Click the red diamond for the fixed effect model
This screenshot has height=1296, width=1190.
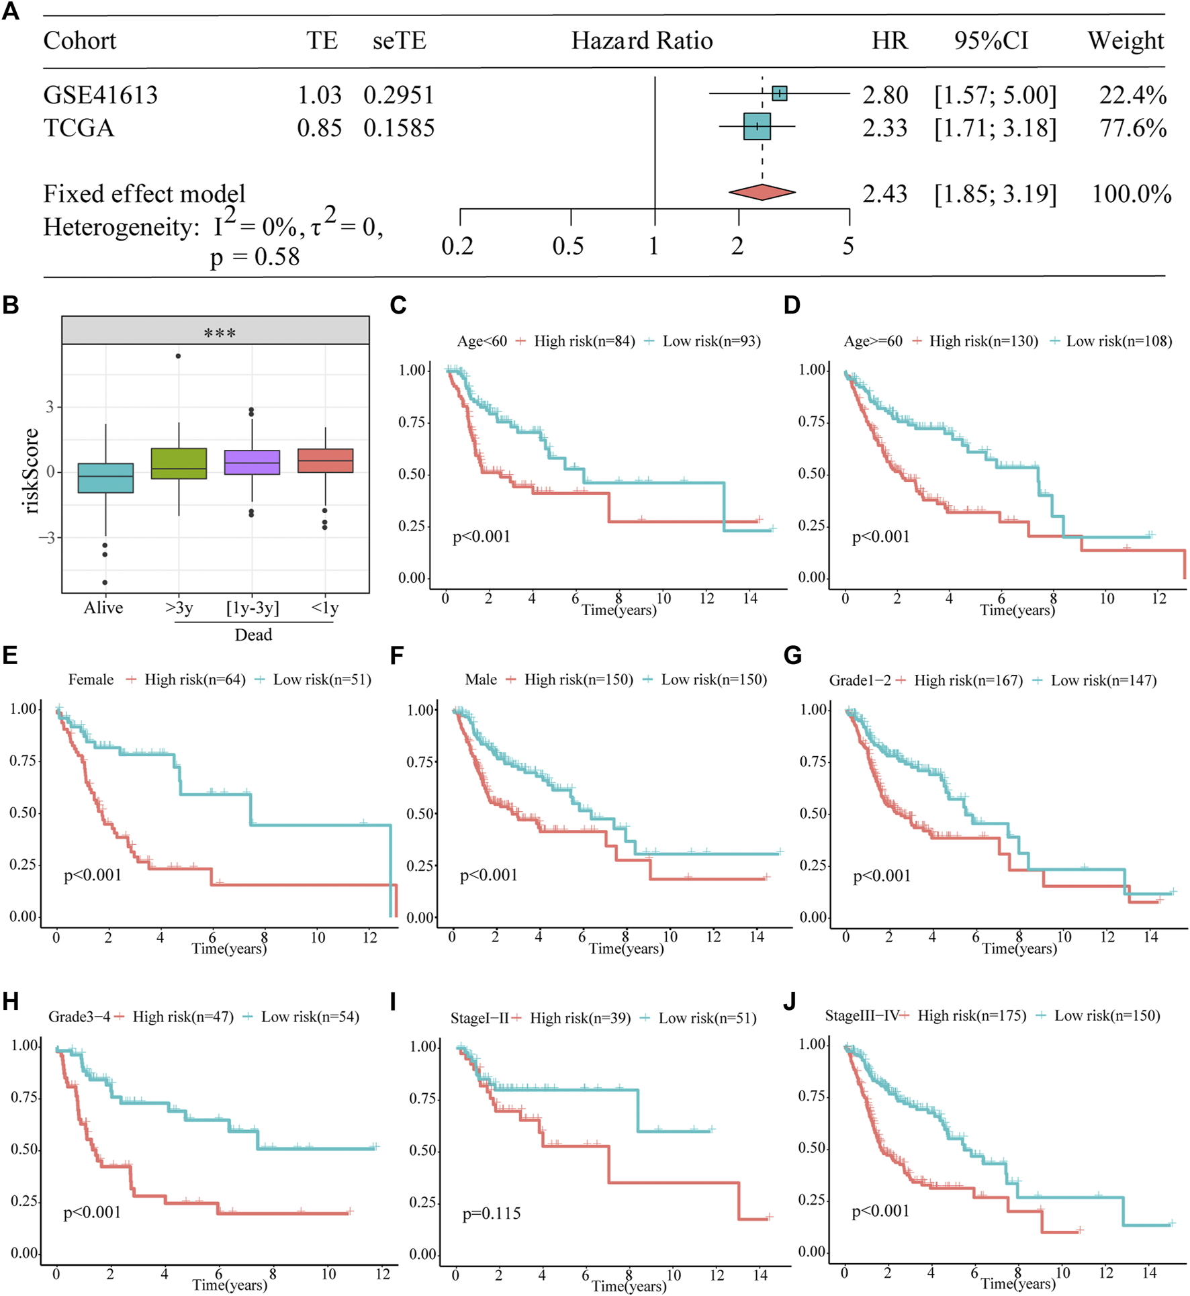pyautogui.click(x=762, y=193)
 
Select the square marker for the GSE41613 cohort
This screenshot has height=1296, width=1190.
pyautogui.click(x=779, y=93)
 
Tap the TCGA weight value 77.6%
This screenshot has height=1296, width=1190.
pyautogui.click(x=1132, y=128)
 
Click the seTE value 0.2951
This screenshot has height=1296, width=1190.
pyautogui.click(x=399, y=95)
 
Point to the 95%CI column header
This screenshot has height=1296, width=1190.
pyautogui.click(x=991, y=41)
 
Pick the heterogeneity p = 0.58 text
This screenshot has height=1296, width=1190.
pyautogui.click(x=255, y=257)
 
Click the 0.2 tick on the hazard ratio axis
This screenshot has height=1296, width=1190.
pyautogui.click(x=458, y=246)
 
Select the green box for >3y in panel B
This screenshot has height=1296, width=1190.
pyautogui.click(x=179, y=463)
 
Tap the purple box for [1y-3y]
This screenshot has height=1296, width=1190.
pyautogui.click(x=252, y=463)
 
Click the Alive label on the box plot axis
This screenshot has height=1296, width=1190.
pyautogui.click(x=103, y=608)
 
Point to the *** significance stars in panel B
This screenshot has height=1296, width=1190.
pyautogui.click(x=219, y=333)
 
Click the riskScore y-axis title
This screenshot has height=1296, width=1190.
pyautogui.click(x=30, y=471)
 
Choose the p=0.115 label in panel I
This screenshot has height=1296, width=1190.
pyautogui.click(x=492, y=1213)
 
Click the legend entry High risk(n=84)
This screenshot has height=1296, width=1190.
pyautogui.click(x=584, y=341)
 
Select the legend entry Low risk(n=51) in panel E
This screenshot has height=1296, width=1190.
pyautogui.click(x=322, y=680)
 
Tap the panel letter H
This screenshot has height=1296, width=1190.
pyautogui.click(x=10, y=1001)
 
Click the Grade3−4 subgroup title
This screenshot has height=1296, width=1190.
pyautogui.click(x=79, y=1017)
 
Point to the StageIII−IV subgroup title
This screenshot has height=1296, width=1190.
pyautogui.click(x=862, y=1015)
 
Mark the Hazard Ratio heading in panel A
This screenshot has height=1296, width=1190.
pyautogui.click(x=642, y=41)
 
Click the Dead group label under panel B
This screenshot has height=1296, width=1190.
pyautogui.click(x=253, y=635)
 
